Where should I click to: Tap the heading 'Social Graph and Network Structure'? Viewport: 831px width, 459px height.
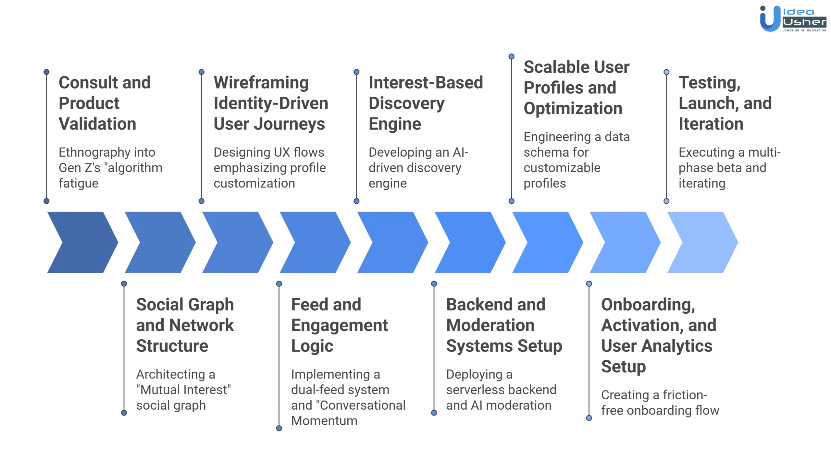pyautogui.click(x=185, y=325)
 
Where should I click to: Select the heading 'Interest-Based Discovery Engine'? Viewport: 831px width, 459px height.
pyautogui.click(x=425, y=103)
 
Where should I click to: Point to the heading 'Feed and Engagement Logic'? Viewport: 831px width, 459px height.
pyautogui.click(x=339, y=325)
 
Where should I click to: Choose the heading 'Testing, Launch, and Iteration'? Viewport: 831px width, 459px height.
pyautogui.click(x=725, y=103)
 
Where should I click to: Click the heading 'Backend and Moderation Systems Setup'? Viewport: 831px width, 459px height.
pyautogui.click(x=503, y=325)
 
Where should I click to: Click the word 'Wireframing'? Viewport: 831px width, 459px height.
pyautogui.click(x=261, y=83)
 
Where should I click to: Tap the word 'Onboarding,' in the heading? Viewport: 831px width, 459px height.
pyautogui.click(x=648, y=305)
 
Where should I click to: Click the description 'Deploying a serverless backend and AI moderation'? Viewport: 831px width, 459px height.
pyautogui.click(x=501, y=390)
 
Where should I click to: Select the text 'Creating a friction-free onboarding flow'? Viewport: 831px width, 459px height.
pyautogui.click(x=660, y=403)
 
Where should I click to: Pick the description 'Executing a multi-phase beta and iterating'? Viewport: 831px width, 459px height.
pyautogui.click(x=729, y=168)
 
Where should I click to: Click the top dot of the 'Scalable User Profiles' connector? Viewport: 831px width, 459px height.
pyautogui.click(x=512, y=56)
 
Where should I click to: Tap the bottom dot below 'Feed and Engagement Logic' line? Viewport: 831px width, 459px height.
pyautogui.click(x=279, y=429)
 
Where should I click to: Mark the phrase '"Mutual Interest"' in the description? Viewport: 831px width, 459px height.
pyautogui.click(x=183, y=390)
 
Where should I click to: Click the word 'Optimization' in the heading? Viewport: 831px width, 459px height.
pyautogui.click(x=573, y=108)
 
